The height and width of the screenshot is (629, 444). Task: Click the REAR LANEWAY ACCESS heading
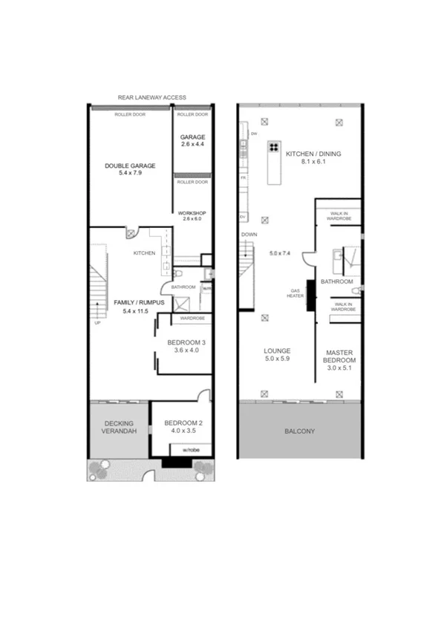pos(151,97)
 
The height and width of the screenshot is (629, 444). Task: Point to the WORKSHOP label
pos(192,213)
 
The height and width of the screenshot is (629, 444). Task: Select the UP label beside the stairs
pos(97,323)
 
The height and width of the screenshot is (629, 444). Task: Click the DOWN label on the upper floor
pos(249,235)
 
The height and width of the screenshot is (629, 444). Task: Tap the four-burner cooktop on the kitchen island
pos(273,146)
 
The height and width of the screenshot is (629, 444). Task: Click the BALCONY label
pos(300,431)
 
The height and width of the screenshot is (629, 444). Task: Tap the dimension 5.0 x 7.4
pos(282,253)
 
